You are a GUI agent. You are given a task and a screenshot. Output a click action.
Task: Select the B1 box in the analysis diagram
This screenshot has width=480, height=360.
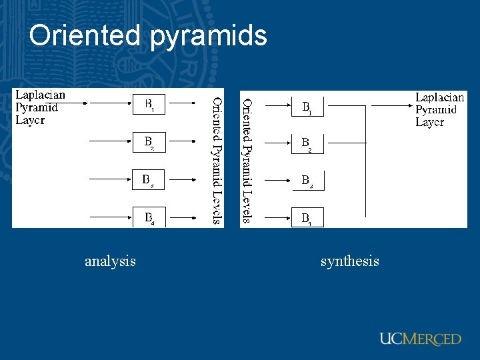pos(150,105)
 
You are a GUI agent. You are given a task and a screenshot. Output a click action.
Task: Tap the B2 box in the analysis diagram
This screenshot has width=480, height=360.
pos(149,142)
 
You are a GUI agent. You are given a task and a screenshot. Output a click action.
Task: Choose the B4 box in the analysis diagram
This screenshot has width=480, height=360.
pos(150,217)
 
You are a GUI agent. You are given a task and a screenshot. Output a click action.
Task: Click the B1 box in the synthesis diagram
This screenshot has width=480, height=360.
pos(307,107)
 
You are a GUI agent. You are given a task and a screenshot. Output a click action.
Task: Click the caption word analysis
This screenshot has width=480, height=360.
pos(110,261)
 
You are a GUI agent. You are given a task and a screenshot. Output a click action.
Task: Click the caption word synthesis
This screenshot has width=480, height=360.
pos(349,261)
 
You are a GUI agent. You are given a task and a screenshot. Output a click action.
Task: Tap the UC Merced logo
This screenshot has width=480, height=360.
pos(420,339)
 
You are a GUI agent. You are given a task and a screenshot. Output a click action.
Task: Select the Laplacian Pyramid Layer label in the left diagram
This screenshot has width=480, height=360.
pos(41,107)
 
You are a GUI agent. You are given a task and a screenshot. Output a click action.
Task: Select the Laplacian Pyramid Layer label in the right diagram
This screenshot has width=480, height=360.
pos(439,109)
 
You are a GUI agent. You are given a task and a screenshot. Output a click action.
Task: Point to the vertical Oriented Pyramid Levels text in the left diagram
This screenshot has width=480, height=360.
pos(217,160)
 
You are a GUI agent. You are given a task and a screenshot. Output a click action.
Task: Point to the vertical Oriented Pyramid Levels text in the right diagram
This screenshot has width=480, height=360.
pos(247,160)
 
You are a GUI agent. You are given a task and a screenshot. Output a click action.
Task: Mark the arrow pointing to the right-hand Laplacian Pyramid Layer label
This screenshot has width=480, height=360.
pos(390,104)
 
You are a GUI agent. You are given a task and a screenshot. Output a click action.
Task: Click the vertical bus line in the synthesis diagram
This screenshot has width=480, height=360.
pos(365,160)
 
